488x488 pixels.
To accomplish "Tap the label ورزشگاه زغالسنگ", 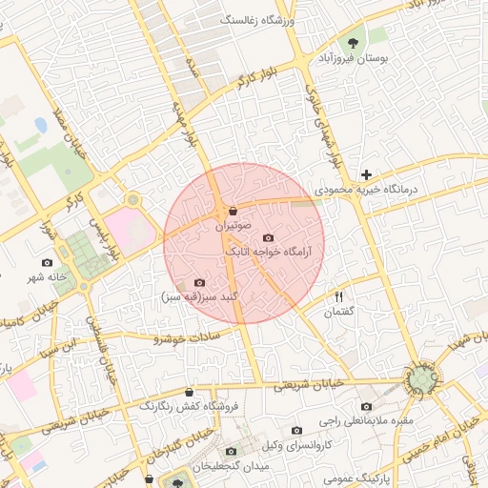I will (259, 20).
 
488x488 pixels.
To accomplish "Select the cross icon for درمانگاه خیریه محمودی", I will (366, 174).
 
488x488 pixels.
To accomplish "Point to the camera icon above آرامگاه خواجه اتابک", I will (268, 237).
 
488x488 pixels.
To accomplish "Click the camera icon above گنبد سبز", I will (199, 282).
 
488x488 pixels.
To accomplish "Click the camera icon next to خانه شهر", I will (48, 262).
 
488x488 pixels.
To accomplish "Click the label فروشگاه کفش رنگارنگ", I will (187, 406).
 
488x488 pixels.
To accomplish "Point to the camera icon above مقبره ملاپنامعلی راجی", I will (366, 406).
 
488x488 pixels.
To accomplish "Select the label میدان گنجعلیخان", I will (231, 467).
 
